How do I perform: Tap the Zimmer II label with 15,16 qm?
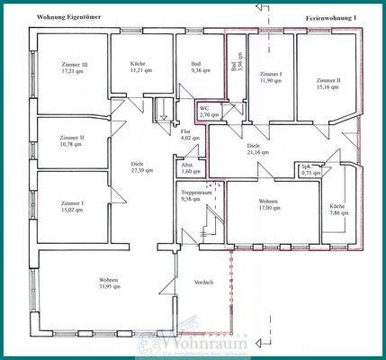coord(326,83)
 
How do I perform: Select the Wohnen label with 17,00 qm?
coord(269,206)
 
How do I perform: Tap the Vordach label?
coord(204,283)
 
